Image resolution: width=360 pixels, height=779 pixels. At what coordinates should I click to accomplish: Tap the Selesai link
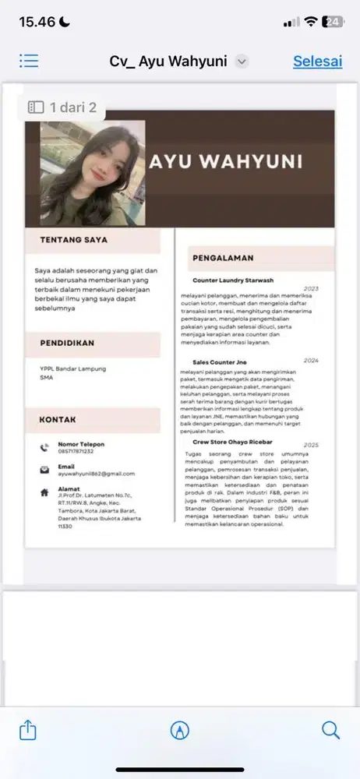coord(317,62)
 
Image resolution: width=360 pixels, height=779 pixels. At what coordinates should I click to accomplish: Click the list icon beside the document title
coord(29,61)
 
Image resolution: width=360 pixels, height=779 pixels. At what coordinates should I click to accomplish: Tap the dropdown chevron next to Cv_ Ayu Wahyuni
coord(242,62)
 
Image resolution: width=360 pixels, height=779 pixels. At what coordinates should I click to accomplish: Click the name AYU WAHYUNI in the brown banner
coord(225,162)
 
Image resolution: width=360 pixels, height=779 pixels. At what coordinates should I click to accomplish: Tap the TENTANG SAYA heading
coord(74,240)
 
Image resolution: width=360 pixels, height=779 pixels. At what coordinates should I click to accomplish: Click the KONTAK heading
coord(58,420)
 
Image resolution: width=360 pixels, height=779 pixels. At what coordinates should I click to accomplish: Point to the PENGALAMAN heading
coord(222,258)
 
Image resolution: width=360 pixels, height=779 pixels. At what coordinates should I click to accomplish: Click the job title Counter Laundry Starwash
coord(233,280)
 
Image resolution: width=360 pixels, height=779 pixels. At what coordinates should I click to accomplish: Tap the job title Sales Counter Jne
coord(220,361)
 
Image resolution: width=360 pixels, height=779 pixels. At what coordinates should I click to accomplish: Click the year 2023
coord(311,288)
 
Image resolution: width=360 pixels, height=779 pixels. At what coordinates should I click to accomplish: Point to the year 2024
coord(311,361)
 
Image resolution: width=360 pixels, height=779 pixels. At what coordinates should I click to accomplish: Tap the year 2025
coord(311,445)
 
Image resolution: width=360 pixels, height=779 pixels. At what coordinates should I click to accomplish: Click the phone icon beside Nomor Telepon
coord(44,447)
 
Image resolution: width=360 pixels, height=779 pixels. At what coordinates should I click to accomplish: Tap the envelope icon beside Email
coord(44,470)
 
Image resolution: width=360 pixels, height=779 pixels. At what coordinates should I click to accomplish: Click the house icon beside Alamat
coord(44,492)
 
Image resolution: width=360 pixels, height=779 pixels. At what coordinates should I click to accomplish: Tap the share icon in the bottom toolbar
coord(27,730)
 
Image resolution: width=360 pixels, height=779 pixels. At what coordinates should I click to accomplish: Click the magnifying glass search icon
coord(330,730)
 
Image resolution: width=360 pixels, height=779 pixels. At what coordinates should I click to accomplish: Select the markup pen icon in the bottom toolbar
coord(180,730)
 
